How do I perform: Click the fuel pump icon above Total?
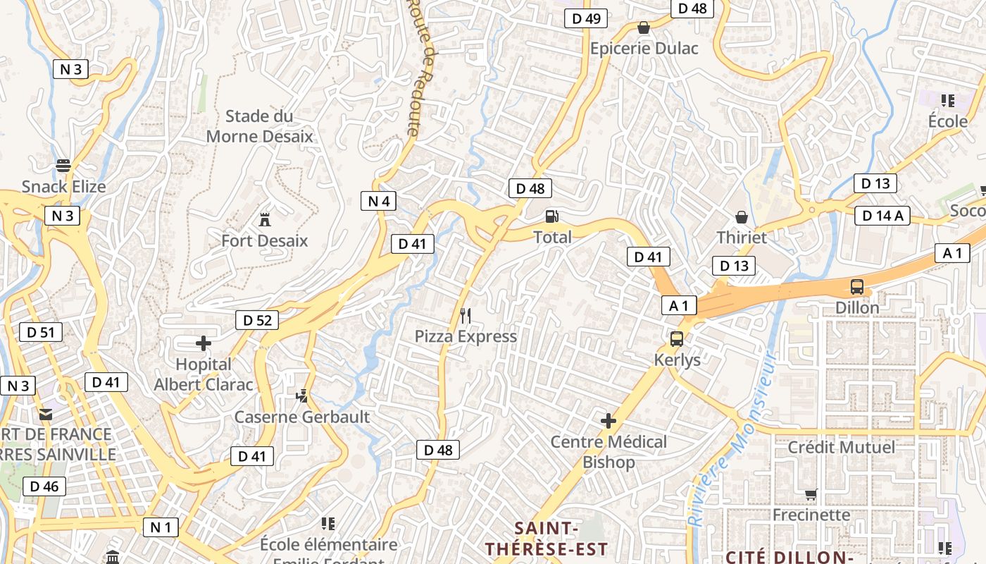click(x=553, y=216)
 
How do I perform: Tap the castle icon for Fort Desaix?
click(x=265, y=219)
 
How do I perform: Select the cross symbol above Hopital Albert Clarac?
click(x=204, y=343)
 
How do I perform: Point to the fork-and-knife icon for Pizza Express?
click(x=465, y=315)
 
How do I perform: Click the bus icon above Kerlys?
click(x=677, y=339)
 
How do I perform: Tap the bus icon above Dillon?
click(x=857, y=287)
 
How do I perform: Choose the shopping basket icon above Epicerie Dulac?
click(x=643, y=27)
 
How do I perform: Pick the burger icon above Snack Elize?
click(x=63, y=166)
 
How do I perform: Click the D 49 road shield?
click(x=586, y=18)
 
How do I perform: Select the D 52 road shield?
click(x=257, y=320)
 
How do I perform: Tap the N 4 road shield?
click(x=378, y=201)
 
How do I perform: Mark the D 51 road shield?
click(x=40, y=332)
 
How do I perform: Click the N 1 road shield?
click(x=161, y=527)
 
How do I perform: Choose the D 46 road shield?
click(x=44, y=486)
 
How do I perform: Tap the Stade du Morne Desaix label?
click(x=259, y=126)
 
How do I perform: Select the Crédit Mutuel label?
click(x=841, y=447)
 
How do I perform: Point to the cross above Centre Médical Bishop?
click(x=609, y=421)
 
